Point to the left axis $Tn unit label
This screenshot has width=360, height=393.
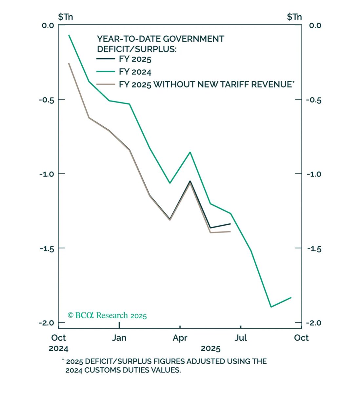coord(65,17)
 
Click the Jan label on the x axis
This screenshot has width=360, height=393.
coord(119,338)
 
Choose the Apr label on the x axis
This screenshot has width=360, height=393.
coord(180,338)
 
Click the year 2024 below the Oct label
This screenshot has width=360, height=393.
coord(58,348)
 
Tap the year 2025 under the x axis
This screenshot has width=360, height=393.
coord(210,348)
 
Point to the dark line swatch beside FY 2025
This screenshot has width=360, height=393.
coord(105,59)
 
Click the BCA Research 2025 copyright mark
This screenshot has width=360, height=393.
coord(107,315)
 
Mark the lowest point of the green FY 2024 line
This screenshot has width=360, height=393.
coord(271,307)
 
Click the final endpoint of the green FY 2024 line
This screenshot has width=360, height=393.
coord(291,297)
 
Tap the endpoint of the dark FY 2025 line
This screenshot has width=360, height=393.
coord(230,224)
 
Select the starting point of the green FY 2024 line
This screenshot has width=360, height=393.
coord(69,35)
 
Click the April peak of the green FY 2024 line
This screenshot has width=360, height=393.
coord(190,152)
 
